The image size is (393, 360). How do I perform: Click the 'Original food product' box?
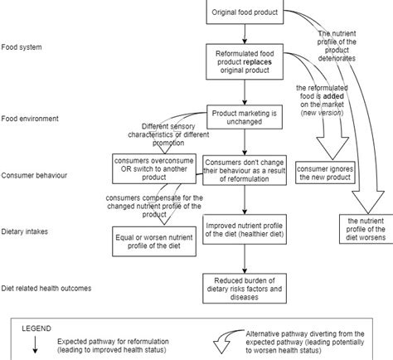[x=246, y=12]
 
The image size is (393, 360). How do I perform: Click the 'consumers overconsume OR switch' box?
[x=154, y=166]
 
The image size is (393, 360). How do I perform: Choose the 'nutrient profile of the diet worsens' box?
[x=365, y=228]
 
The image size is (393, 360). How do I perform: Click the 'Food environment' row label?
[x=30, y=119]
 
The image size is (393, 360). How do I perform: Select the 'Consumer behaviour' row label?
[x=34, y=175]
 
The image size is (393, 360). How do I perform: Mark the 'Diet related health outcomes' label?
[x=46, y=288]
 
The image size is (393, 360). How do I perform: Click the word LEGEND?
[x=36, y=326]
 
